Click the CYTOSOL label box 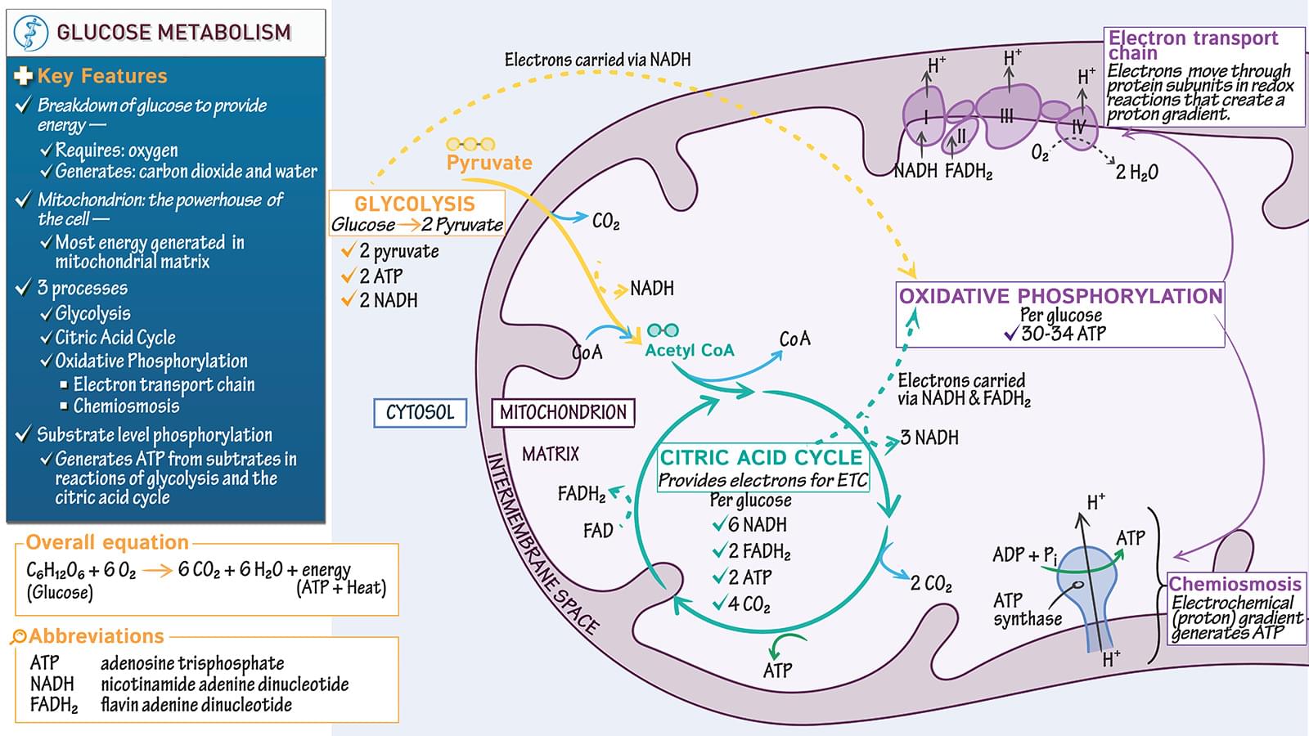click(x=420, y=413)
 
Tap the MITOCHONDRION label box click(x=563, y=413)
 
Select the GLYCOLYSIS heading click(x=415, y=204)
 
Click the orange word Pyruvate click(x=489, y=163)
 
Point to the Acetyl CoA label click(x=690, y=351)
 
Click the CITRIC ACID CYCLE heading click(x=761, y=458)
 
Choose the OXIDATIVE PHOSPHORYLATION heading click(x=1060, y=296)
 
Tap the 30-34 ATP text click(x=1064, y=334)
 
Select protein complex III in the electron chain click(x=1008, y=116)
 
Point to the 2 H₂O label click(x=1137, y=173)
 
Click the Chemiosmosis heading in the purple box click(x=1235, y=584)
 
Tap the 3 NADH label click(x=929, y=438)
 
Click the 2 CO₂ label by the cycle click(x=931, y=584)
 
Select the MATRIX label click(x=551, y=454)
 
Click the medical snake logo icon click(x=31, y=33)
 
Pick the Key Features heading click(x=101, y=76)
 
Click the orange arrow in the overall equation click(x=156, y=570)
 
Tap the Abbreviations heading click(x=97, y=636)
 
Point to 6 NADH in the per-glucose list click(x=757, y=525)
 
